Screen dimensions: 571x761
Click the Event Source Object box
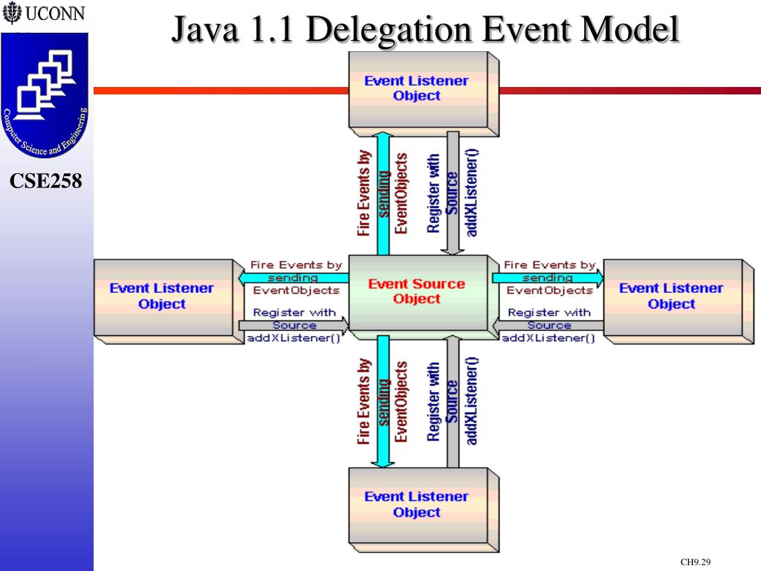417,292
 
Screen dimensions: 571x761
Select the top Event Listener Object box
417,88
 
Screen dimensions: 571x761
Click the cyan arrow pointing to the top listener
383,193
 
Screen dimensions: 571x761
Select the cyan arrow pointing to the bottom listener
383,401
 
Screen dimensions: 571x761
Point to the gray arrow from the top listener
452,193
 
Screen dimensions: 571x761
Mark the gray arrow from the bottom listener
452,401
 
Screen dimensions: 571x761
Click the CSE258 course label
46,181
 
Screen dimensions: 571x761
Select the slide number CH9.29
696,562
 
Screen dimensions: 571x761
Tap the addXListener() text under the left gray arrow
294,338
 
